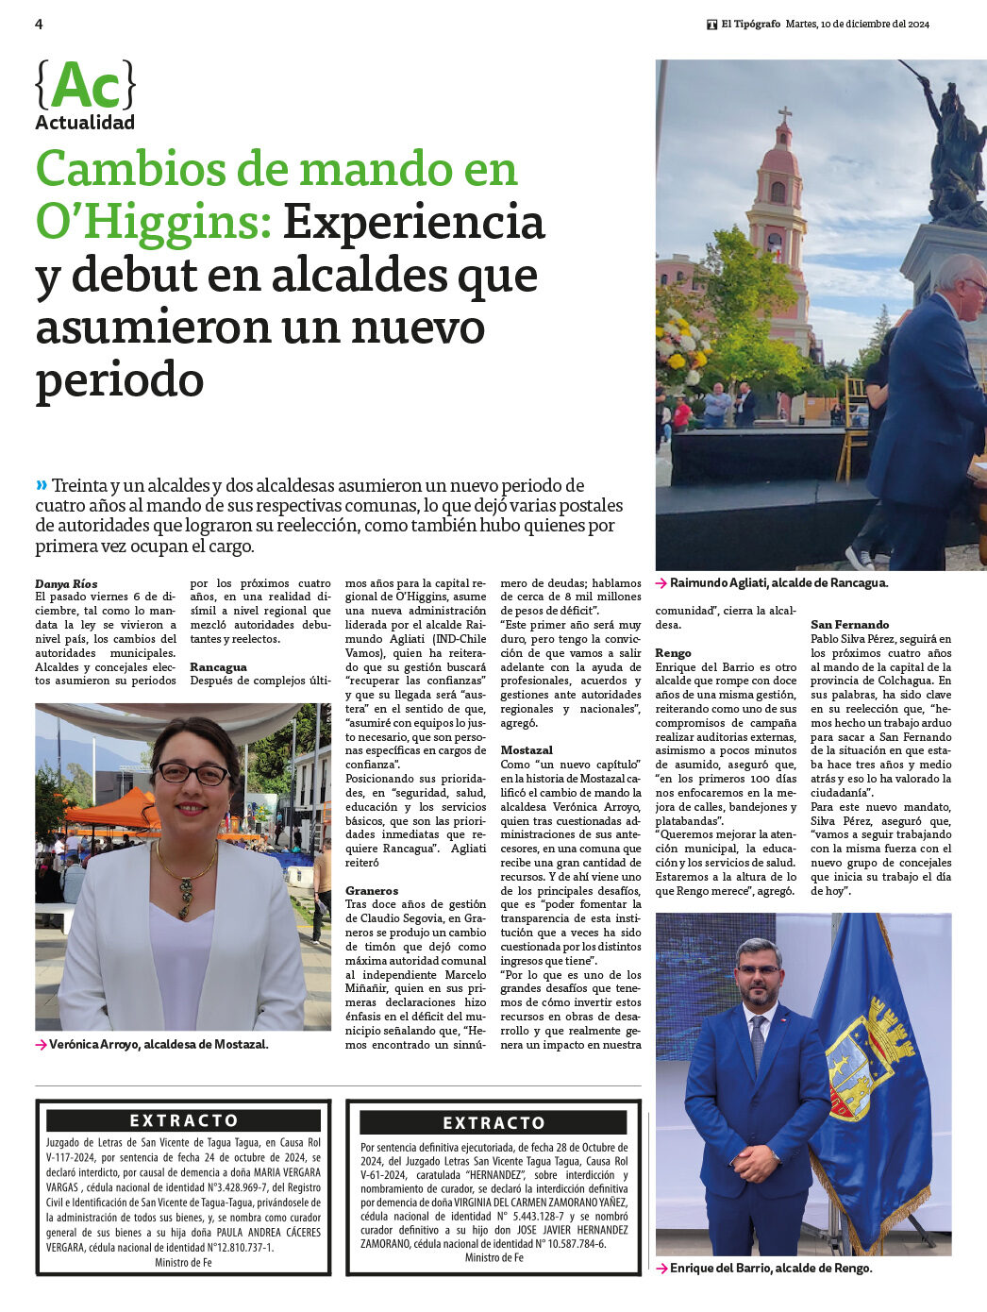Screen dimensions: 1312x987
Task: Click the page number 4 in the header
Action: (x=39, y=25)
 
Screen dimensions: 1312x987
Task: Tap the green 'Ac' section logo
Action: (x=86, y=87)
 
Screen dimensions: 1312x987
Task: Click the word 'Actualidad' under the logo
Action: (x=85, y=123)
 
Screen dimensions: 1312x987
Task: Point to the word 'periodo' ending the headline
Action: (x=120, y=380)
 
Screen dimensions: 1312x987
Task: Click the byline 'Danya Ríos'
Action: (x=66, y=584)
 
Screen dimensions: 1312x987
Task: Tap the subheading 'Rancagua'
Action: (x=218, y=667)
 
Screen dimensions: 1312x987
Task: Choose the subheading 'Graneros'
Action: (x=372, y=890)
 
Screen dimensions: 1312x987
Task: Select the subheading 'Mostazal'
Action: (x=527, y=750)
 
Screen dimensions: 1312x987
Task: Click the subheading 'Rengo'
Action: (x=674, y=653)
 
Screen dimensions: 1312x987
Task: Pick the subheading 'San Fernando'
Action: (x=849, y=625)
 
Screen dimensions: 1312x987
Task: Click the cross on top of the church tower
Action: (x=784, y=115)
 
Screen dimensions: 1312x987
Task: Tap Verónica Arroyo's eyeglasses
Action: (x=192, y=774)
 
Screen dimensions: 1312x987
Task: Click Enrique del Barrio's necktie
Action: (x=758, y=1042)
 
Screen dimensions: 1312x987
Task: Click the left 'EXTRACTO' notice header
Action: (x=184, y=1120)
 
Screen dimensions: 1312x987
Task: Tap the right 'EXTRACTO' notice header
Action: (x=493, y=1123)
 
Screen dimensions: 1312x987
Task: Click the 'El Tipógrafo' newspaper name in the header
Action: (x=751, y=25)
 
